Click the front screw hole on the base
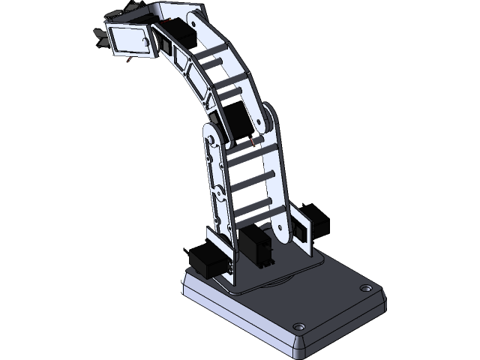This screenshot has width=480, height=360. coord(298,327)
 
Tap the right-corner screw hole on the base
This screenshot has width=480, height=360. coord(365,287)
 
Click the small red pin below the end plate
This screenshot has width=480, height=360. coord(130,59)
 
